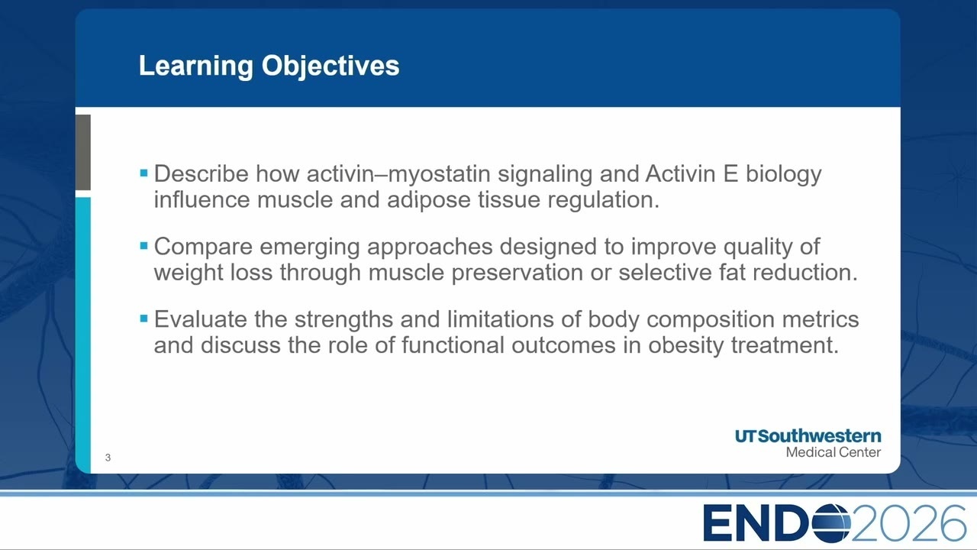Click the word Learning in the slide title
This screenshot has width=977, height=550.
[x=196, y=66]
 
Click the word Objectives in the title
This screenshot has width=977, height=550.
[x=331, y=66]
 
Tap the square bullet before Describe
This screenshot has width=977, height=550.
[x=144, y=173]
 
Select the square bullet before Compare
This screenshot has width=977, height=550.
[x=144, y=245]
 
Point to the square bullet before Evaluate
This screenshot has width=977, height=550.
[x=144, y=319]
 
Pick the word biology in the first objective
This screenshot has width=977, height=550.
[x=783, y=175]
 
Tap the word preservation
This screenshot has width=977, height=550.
[x=517, y=273]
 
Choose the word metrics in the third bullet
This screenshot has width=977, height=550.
[x=821, y=319]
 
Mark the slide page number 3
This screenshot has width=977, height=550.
[x=108, y=458]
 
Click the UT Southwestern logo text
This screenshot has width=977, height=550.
[x=808, y=435]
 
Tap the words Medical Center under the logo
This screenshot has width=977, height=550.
[x=833, y=452]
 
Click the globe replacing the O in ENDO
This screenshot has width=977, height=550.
[x=831, y=523]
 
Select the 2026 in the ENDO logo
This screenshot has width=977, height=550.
[x=908, y=523]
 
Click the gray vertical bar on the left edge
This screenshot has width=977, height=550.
[x=83, y=152]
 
